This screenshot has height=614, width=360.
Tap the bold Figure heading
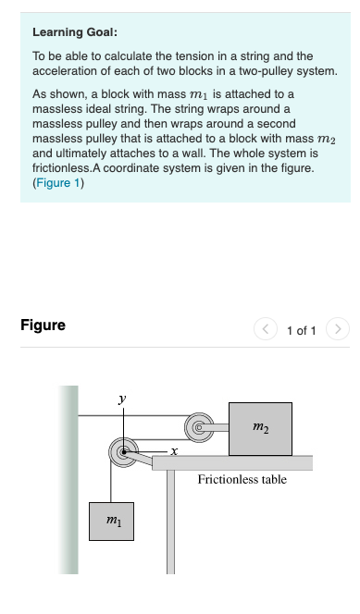(x=43, y=325)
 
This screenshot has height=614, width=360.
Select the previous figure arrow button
(x=267, y=328)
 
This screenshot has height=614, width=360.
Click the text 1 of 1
(x=303, y=329)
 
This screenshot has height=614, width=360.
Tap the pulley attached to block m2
(x=198, y=427)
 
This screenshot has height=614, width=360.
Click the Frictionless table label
(x=242, y=479)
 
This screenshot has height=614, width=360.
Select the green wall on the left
(x=68, y=481)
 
